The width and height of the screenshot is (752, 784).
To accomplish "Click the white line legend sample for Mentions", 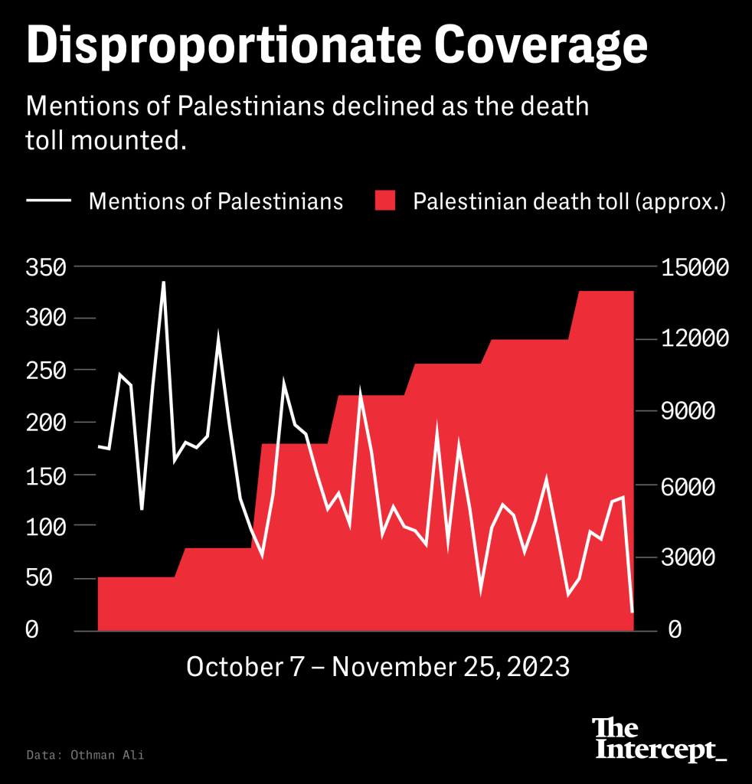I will [49, 201].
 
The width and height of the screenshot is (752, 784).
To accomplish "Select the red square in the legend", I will [385, 201].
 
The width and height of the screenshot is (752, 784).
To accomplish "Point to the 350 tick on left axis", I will [47, 268].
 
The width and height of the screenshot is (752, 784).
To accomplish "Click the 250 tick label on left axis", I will [47, 371].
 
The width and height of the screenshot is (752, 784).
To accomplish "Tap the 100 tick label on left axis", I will [47, 527].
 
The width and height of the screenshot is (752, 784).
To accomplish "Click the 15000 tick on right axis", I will [695, 268].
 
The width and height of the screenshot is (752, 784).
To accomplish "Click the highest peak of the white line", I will [163, 282].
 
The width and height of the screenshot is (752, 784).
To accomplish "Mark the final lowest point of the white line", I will [633, 612].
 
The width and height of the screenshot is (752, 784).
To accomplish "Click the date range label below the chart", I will [378, 666].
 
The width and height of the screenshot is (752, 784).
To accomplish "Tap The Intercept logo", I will [659, 740].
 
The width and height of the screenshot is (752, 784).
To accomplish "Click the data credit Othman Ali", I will [84, 755].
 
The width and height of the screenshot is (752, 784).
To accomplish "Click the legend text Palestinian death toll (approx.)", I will [569, 201].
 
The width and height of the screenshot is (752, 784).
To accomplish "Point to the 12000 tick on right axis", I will [695, 338].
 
